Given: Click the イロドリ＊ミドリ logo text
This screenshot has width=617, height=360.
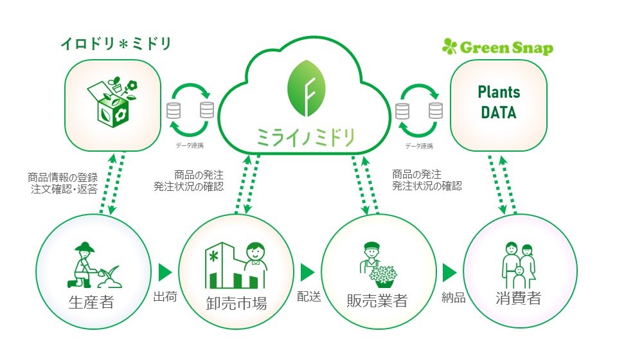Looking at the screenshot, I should pos(116,44).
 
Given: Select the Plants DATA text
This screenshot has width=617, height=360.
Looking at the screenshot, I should pos(499,102).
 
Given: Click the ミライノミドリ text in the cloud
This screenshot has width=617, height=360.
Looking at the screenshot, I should pos(305,136).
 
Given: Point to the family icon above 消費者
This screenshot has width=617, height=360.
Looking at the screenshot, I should pos(517,265).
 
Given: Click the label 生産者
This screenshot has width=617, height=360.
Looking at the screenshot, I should pos(91,301).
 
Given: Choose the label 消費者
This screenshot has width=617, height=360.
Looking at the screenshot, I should pos(517,300).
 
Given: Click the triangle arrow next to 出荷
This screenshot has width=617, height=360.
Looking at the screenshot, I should pos(166,271).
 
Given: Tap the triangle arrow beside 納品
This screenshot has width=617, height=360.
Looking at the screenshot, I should pos(449,271).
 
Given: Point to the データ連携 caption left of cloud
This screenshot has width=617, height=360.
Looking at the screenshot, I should pos(189,146).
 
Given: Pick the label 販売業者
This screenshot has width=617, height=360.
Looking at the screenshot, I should pos(376,300).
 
